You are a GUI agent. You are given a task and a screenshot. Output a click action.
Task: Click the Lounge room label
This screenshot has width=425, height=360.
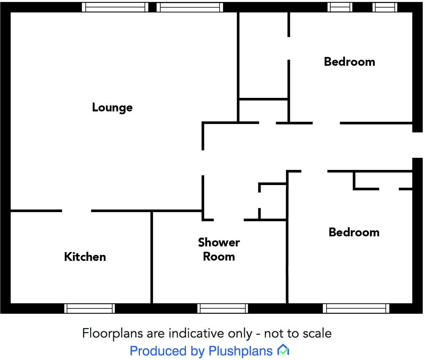[x=112, y=108]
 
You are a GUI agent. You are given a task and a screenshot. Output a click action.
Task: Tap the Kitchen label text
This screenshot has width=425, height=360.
[x=85, y=257]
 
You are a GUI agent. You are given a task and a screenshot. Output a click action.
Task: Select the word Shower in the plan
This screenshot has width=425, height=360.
[x=219, y=242]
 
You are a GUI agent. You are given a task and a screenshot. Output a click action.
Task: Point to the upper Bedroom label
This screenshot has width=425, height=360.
[x=350, y=62]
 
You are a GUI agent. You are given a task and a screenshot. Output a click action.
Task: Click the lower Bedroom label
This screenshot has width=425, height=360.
[x=354, y=232]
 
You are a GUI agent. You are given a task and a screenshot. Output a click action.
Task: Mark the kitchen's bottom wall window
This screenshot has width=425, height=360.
[x=90, y=308]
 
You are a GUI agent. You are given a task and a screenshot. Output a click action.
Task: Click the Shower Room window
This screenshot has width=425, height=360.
[x=223, y=308]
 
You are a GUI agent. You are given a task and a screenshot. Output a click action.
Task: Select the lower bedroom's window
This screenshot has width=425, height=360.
[x=356, y=308]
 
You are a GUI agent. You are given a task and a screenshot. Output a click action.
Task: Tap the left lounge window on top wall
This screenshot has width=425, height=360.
[x=115, y=7]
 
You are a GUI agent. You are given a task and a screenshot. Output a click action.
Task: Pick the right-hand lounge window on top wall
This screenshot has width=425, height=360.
[x=190, y=7]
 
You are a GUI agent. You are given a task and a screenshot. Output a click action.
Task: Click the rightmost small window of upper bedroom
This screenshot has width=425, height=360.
[x=385, y=7]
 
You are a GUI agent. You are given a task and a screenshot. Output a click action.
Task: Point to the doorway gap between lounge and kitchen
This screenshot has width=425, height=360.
[x=76, y=211]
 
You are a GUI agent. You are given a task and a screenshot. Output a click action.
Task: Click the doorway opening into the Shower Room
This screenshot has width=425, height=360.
[x=229, y=220]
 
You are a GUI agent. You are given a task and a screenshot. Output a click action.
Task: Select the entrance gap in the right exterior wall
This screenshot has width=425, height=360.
[x=417, y=145]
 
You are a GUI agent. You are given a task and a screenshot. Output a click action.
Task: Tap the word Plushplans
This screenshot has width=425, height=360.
[x=240, y=351]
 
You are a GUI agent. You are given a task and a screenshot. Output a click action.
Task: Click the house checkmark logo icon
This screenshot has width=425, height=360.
[x=283, y=350]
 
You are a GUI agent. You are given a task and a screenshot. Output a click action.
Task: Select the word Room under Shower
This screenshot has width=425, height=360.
[x=219, y=256]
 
